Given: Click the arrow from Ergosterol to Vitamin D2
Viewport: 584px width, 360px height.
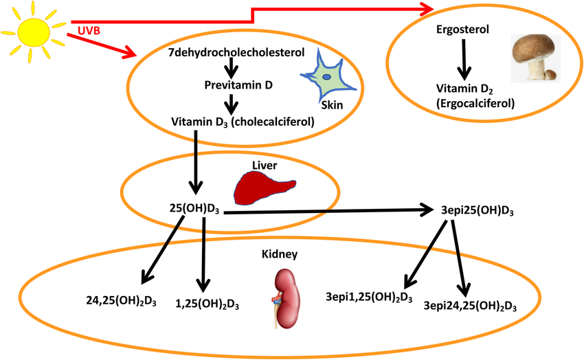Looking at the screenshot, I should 464,59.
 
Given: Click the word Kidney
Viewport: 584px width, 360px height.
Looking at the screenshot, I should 280,254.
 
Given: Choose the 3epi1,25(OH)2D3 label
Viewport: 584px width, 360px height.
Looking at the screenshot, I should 368,297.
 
